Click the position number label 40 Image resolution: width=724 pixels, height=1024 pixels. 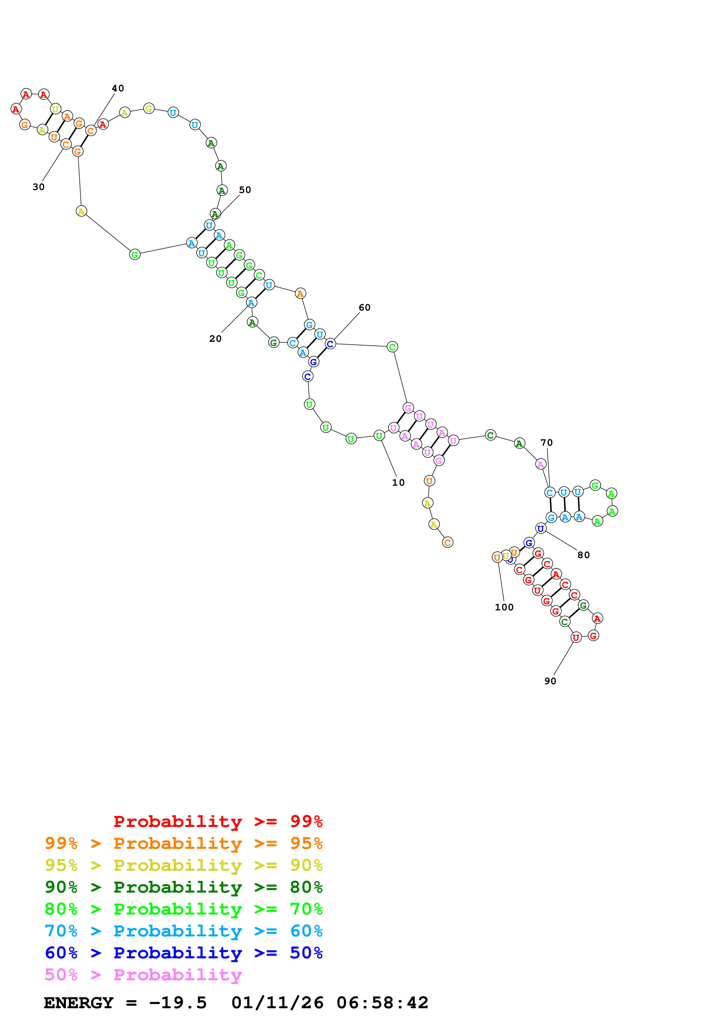pyautogui.click(x=118, y=88)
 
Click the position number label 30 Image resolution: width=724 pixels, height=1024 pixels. pyautogui.click(x=38, y=187)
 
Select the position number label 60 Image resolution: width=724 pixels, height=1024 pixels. pyautogui.click(x=364, y=307)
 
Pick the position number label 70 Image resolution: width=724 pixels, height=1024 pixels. pyautogui.click(x=546, y=443)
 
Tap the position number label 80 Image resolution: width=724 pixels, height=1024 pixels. pyautogui.click(x=584, y=555)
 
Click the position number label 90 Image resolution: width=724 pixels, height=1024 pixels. pyautogui.click(x=550, y=681)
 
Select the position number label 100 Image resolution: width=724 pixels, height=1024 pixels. pyautogui.click(x=504, y=607)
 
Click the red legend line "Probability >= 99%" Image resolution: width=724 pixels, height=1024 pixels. pyautogui.click(x=218, y=821)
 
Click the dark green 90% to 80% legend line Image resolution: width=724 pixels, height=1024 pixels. pyautogui.click(x=183, y=887)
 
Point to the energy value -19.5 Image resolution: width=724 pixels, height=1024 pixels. pyautogui.click(x=178, y=1003)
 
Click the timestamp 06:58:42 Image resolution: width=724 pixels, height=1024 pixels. pyautogui.click(x=382, y=1003)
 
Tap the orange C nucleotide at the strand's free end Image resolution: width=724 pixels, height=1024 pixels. pyautogui.click(x=447, y=542)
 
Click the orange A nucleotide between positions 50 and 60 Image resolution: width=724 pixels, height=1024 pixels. pyautogui.click(x=300, y=293)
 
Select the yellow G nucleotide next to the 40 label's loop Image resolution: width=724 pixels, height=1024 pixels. pyautogui.click(x=149, y=108)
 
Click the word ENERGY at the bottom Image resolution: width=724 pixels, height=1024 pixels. pyautogui.click(x=79, y=1003)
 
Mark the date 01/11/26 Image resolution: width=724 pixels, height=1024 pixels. pyautogui.click(x=277, y=1003)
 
